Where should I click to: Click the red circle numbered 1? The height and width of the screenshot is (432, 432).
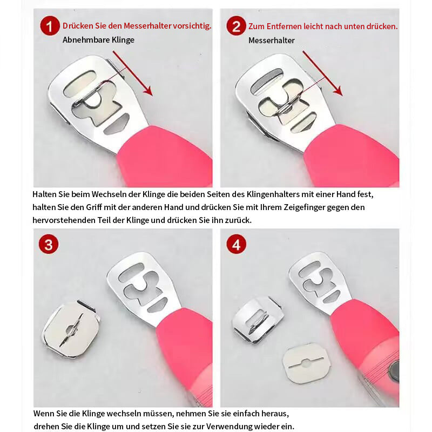coord(50,26)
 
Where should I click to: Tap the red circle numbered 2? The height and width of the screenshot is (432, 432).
coord(236,26)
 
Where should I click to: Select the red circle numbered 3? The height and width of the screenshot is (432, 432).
coord(49,245)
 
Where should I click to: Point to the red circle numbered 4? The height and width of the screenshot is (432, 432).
coord(236,245)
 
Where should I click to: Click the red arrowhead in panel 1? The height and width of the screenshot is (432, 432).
coord(148,90)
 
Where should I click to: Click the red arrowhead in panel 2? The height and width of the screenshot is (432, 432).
coord(338,90)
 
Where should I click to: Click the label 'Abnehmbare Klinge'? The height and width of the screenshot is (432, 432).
coord(98,40)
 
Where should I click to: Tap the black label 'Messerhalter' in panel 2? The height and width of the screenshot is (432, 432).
coord(272,40)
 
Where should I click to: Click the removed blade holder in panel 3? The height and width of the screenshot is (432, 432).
coord(71,329)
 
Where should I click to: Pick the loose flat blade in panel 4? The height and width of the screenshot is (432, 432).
coord(306,363)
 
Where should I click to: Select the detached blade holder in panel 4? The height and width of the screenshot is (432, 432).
coord(258,320)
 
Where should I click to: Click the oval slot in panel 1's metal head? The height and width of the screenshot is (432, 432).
coord(79,84)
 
